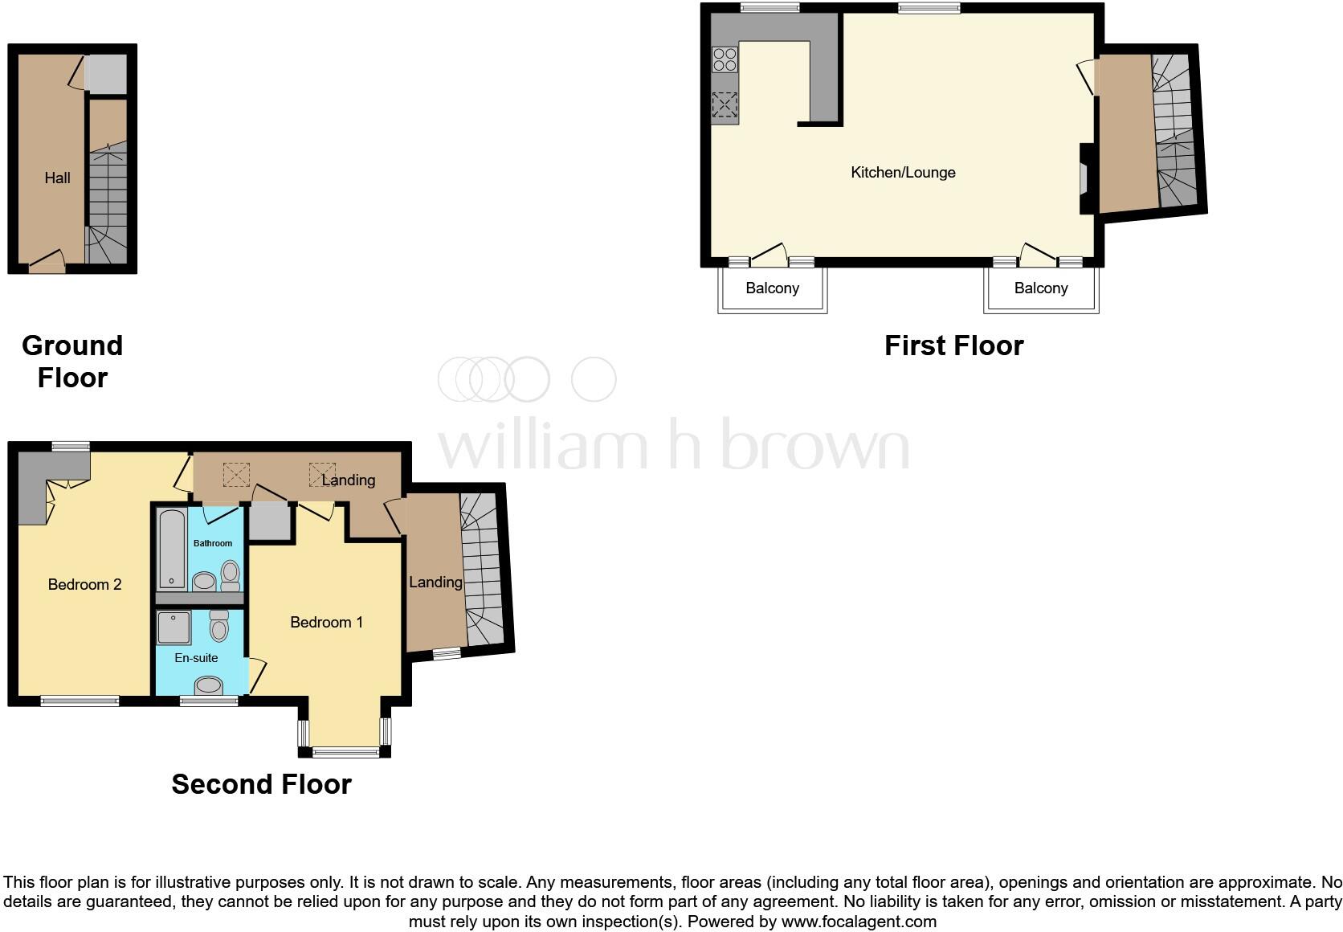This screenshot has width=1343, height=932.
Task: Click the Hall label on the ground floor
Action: pos(57,178)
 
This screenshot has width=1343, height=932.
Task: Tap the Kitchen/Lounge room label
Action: pos(903,173)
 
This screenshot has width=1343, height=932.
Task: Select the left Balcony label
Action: pos(772,288)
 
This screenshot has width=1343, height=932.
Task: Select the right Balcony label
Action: pos(1040,288)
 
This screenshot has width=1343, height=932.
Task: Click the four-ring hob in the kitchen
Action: pos(725,60)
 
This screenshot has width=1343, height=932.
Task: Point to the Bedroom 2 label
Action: pos(84,585)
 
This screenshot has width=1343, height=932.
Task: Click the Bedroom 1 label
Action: pos(326,623)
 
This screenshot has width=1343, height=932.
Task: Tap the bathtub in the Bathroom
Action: pos(172,550)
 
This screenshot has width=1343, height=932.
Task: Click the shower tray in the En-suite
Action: pos(174,628)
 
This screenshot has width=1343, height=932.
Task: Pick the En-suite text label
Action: pos(196,658)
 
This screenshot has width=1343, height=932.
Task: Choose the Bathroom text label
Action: pos(213,544)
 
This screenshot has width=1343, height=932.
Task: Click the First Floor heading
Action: pos(953,346)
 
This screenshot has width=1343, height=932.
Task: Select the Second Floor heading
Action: pos(261,785)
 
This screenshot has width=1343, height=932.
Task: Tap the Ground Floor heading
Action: pos(72,362)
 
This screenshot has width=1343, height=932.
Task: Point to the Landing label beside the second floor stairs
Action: pos(435,582)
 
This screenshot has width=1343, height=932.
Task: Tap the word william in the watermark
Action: pos(542,446)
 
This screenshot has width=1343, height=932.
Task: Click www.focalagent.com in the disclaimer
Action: pos(859,922)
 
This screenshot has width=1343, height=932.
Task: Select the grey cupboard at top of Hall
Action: pos(107,74)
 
